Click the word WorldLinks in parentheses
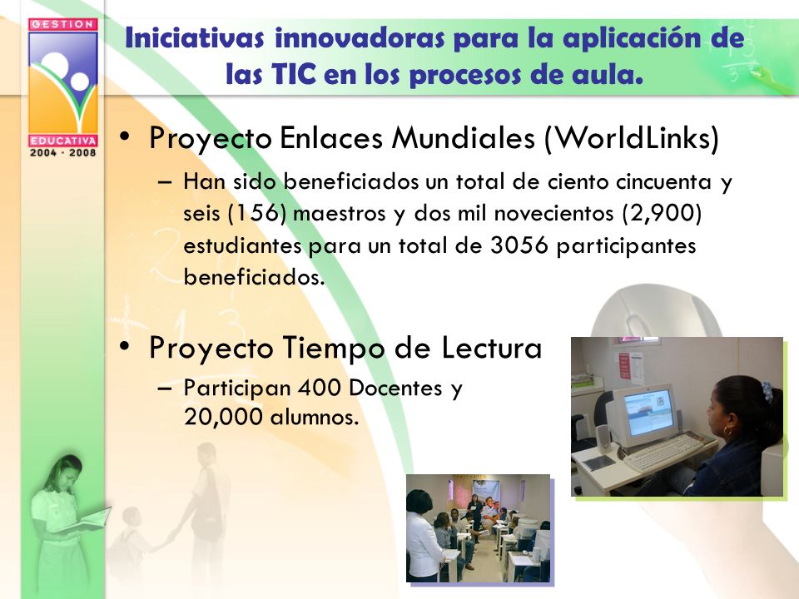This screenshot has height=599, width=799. [632, 137]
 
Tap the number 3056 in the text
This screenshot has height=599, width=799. [519, 245]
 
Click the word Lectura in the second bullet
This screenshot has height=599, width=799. [491, 348]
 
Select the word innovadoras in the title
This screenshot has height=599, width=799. [360, 38]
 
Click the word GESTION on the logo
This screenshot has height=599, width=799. [62, 24]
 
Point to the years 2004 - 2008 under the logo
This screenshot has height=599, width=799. [62, 152]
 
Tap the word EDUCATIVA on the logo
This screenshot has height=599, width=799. [62, 141]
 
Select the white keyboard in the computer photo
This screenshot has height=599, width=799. [663, 453]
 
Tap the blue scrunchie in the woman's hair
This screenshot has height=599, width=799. [767, 391]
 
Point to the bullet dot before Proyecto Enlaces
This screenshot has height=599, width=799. [124, 137]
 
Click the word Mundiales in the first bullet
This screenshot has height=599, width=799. [464, 137]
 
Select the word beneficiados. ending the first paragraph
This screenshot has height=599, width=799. [254, 278]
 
